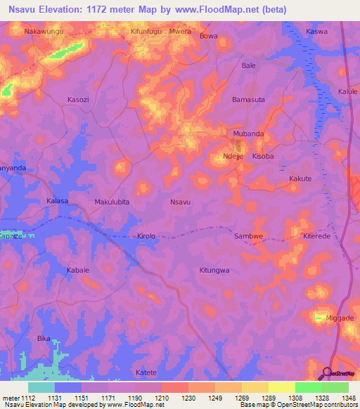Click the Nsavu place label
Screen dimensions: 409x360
pos(181,202)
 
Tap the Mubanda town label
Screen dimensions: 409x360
pos(248,133)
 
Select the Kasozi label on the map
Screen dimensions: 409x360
pos(78,100)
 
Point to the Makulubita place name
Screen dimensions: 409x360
pos(112,202)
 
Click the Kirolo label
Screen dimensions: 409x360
pos(146,236)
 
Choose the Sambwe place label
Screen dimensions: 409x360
pos(249,236)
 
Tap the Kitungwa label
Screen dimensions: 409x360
pos(214,270)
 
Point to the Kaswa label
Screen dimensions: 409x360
pos(317,32)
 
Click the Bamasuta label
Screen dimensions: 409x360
pos(249,100)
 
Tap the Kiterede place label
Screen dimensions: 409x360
pos(316,236)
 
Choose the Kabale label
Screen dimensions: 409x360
pos(78,270)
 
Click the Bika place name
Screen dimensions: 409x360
pos(44,338)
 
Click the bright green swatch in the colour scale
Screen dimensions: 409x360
pos(308,387)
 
